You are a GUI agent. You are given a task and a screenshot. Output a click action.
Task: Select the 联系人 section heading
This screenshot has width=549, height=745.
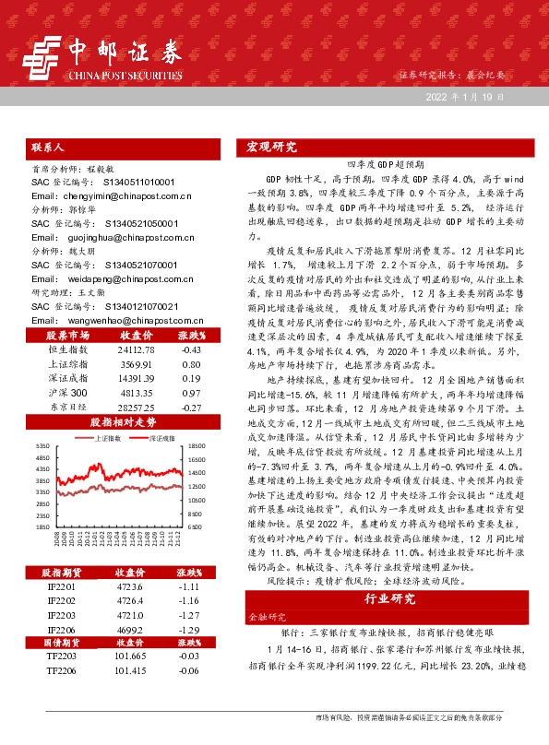[x=47, y=147]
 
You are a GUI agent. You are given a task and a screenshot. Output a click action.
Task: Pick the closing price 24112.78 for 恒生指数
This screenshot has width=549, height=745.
[x=137, y=349]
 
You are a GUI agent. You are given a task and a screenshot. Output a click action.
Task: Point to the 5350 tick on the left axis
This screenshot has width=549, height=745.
[x=42, y=445]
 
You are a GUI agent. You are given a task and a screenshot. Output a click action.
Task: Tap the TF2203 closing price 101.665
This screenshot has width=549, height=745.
[x=137, y=630]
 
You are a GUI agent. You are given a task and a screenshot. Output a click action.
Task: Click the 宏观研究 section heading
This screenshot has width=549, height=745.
[x=272, y=147]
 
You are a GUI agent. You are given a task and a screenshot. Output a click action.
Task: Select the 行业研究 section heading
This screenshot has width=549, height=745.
[x=391, y=598]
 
